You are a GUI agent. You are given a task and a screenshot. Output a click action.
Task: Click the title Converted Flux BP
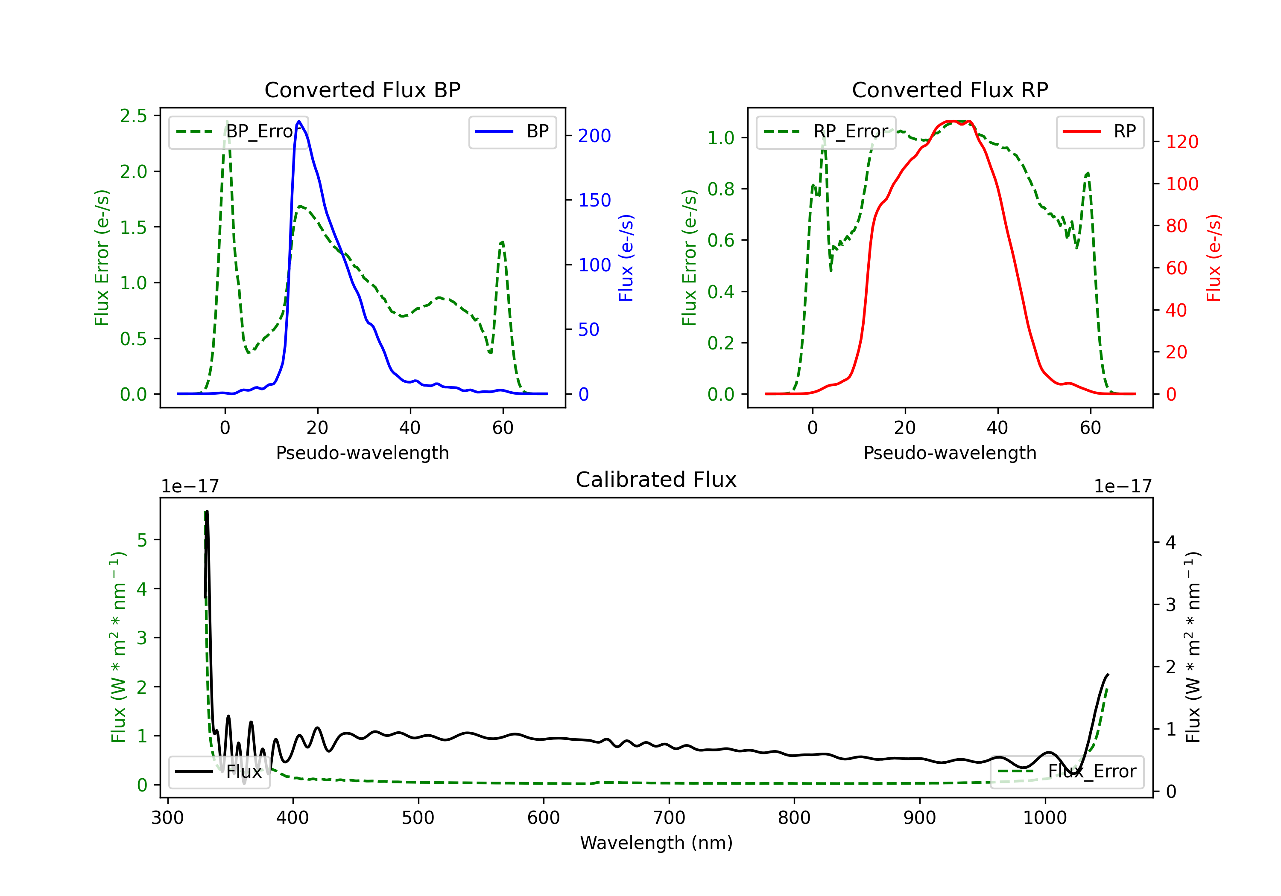coord(362,90)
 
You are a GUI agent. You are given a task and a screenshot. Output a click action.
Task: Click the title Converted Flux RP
coord(950,90)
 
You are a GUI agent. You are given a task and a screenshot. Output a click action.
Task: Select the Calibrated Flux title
coord(656,480)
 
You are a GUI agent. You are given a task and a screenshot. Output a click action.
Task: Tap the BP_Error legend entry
coord(239,131)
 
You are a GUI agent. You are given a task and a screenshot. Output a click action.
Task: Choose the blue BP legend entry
coord(512,131)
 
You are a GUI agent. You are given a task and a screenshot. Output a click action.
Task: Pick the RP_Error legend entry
coord(826,131)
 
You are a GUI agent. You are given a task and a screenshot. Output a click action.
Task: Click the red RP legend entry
coord(1100,131)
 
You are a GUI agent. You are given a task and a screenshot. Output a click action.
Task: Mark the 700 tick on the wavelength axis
coord(669,818)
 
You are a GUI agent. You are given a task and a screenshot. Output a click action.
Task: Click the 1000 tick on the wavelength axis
coord(1045,818)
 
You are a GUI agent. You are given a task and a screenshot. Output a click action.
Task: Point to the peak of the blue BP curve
coord(299,121)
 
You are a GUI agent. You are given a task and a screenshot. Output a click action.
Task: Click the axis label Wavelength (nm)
coord(656,843)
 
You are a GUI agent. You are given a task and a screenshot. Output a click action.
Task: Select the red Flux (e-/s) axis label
coord(1214,258)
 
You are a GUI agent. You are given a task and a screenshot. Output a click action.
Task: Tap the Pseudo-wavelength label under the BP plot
coord(362,453)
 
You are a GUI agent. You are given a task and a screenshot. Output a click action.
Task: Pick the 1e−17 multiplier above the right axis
coord(1123,486)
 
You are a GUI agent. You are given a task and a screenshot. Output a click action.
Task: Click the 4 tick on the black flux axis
coord(1171,542)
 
